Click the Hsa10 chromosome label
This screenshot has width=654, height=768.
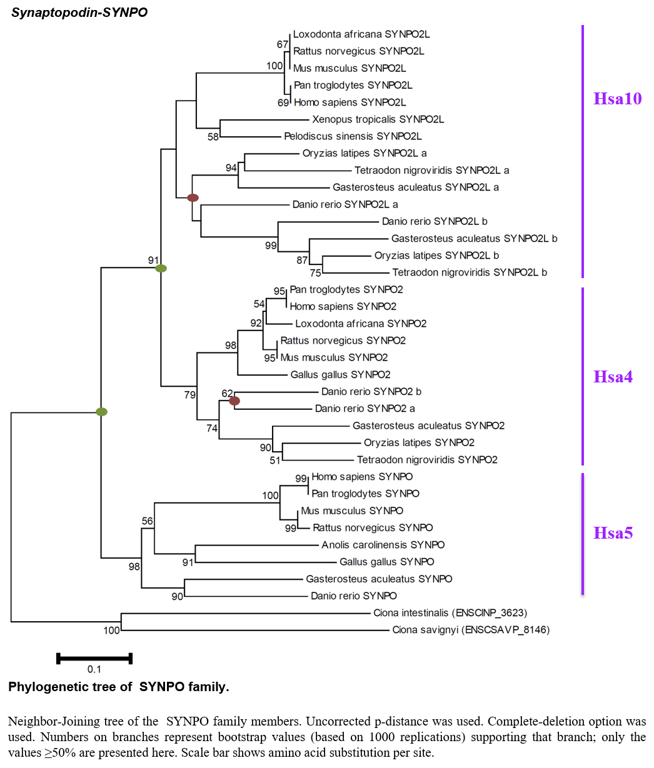[617, 99]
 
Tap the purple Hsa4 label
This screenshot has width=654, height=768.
[613, 377]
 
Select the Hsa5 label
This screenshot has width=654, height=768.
[613, 533]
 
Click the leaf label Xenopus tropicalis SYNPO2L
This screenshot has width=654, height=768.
[378, 119]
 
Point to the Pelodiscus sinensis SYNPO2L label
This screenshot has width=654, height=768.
[353, 136]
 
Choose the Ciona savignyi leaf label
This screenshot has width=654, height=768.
[471, 630]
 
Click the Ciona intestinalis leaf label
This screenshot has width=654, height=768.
[450, 612]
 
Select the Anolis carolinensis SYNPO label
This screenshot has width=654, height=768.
[383, 545]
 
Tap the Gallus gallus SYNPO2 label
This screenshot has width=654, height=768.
[340, 374]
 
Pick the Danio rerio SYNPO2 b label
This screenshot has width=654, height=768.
[371, 392]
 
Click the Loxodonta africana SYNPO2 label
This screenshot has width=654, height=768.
[361, 324]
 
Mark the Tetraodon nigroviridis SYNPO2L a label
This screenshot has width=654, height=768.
[431, 170]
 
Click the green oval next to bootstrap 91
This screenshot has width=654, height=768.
[161, 268]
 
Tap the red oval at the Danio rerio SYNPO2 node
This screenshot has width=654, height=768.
[234, 401]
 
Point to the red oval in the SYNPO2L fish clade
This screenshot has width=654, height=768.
[193, 197]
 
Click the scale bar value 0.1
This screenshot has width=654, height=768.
[94, 669]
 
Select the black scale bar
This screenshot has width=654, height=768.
[94, 659]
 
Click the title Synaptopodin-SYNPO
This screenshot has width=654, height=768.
[79, 12]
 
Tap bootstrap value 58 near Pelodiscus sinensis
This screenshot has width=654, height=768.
[213, 137]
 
